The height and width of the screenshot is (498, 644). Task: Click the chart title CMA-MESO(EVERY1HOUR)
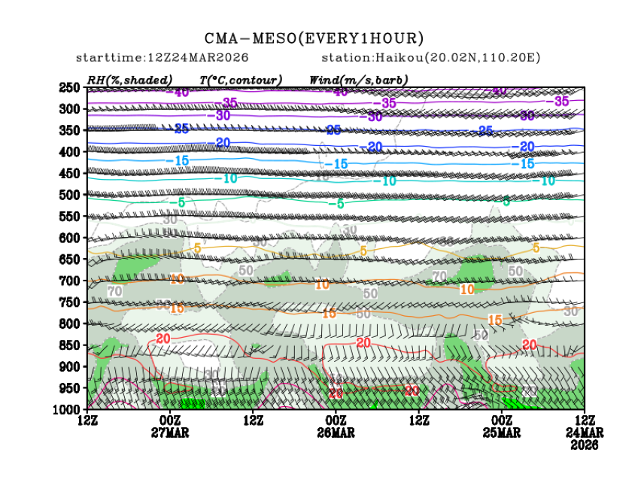[314, 38]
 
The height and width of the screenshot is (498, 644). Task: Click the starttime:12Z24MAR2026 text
[163, 58]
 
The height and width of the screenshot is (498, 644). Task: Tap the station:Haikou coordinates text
[430, 58]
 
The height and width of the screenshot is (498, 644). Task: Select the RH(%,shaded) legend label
[129, 80]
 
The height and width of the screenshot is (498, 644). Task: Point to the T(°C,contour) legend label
[240, 80]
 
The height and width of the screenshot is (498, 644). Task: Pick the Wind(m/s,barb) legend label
[358, 80]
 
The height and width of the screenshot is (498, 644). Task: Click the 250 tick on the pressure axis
[69, 88]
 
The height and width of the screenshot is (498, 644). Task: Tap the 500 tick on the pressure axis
[69, 195]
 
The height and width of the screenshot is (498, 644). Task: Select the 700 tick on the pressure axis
[69, 281]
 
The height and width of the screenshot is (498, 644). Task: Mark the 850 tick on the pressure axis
[69, 345]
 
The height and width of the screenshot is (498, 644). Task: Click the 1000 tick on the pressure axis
[67, 409]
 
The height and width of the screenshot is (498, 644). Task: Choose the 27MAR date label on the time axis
[170, 433]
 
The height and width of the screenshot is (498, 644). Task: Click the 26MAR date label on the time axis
[336, 433]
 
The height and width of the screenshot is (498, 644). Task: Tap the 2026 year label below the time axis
[585, 445]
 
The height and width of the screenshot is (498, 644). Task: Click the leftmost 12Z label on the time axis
[88, 420]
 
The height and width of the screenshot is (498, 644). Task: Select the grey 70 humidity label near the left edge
[114, 290]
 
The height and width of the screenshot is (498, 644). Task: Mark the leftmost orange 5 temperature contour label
[197, 247]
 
